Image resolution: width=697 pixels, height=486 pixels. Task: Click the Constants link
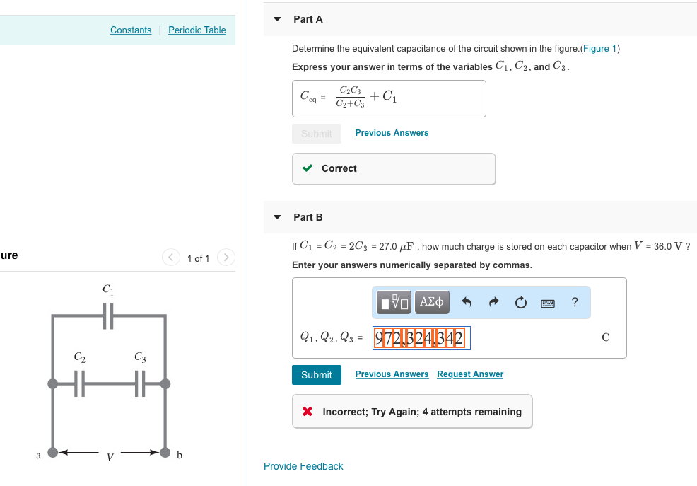[x=131, y=30]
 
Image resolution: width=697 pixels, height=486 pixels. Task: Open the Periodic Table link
[x=197, y=30]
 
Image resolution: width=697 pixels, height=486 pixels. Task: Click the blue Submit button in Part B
[x=316, y=375]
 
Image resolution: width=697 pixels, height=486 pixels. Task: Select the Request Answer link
[x=470, y=374]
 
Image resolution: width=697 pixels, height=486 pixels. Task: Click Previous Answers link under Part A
[x=392, y=133]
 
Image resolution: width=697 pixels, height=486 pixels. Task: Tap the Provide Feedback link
[x=303, y=466]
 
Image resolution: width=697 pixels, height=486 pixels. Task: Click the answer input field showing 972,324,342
[x=419, y=337]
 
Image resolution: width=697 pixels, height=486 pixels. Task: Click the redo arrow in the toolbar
[x=493, y=303]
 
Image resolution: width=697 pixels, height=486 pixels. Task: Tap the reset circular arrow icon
[x=520, y=303]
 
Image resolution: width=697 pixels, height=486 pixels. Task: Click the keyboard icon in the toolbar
[x=548, y=303]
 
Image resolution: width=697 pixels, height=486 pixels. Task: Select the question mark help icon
[x=575, y=303]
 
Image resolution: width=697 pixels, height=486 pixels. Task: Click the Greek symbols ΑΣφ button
[x=431, y=303]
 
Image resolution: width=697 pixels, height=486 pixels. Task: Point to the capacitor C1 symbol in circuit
[x=107, y=316]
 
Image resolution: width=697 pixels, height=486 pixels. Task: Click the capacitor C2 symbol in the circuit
[x=80, y=384]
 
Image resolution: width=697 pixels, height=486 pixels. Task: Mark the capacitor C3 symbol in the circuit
[x=139, y=384]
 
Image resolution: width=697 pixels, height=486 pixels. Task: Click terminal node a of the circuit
[x=52, y=452]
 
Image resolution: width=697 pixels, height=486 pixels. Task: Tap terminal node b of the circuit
[x=165, y=452]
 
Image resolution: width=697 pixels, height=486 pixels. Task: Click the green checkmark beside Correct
[x=307, y=168]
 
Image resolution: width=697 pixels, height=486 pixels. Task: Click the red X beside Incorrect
[x=307, y=412]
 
